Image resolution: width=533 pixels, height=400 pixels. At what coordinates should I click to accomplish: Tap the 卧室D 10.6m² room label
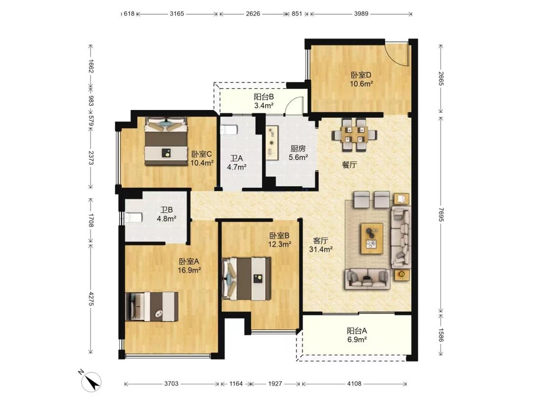click(361, 79)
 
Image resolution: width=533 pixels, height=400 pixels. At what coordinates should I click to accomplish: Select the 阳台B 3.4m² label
click(264, 101)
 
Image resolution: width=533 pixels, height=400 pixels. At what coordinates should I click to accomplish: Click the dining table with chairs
click(354, 135)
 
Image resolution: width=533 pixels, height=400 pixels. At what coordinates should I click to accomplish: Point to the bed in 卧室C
click(166, 141)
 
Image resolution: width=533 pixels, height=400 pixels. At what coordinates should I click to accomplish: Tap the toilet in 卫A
click(228, 130)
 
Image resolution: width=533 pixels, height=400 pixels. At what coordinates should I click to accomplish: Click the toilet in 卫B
click(133, 218)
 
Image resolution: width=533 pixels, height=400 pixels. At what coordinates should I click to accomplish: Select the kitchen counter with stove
click(272, 142)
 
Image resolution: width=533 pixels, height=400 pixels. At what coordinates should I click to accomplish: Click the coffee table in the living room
click(372, 238)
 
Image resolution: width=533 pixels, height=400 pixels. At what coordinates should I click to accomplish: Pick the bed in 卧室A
click(152, 306)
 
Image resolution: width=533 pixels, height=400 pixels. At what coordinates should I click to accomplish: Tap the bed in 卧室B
click(246, 279)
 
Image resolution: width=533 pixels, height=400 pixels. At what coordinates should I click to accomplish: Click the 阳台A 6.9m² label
click(357, 335)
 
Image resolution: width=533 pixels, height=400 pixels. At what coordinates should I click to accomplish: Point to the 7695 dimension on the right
click(441, 214)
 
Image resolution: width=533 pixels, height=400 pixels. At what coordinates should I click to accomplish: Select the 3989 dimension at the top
click(361, 14)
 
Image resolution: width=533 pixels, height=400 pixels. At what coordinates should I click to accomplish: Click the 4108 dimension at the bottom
click(354, 384)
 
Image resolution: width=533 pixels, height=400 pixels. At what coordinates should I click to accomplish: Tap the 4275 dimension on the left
click(91, 298)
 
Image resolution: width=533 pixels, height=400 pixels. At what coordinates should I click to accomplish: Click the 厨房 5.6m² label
click(298, 153)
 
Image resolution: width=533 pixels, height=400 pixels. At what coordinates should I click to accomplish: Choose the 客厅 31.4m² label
click(321, 245)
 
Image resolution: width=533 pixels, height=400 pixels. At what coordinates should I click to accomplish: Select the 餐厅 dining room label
click(349, 165)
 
